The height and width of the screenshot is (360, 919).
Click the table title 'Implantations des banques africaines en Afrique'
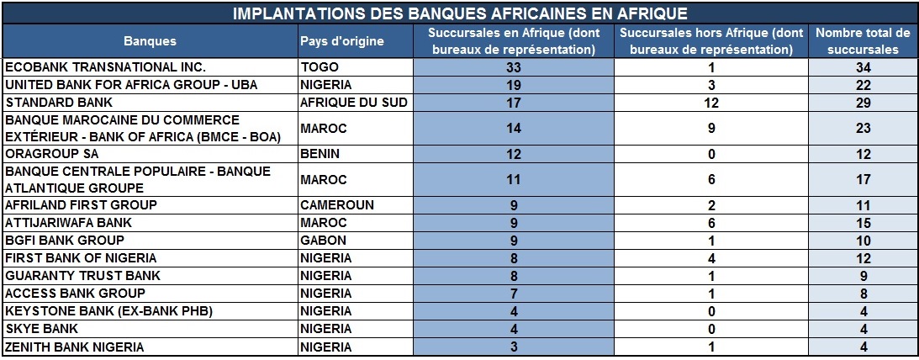pos(459,13)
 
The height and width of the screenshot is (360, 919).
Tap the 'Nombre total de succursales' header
pos(863,41)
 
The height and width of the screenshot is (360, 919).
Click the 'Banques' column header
pos(150,41)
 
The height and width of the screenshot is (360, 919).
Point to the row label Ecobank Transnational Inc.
pos(105,67)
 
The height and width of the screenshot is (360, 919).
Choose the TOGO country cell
pos(317,67)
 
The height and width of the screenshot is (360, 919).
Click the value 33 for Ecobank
pos(514,67)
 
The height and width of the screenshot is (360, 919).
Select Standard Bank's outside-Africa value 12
pos(711,103)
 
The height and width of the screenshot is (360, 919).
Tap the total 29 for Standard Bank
pos(863,103)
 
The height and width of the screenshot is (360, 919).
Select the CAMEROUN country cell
pos(336,205)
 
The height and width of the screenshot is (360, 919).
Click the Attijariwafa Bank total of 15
pos(863,223)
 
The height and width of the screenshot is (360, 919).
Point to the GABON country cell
pos(320,241)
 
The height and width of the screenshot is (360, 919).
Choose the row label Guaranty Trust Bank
pos(82,276)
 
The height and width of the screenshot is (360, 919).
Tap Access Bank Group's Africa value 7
pos(514,294)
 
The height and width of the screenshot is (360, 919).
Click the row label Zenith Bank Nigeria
pos(75,347)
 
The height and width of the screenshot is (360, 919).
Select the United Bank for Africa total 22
pos(863,85)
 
